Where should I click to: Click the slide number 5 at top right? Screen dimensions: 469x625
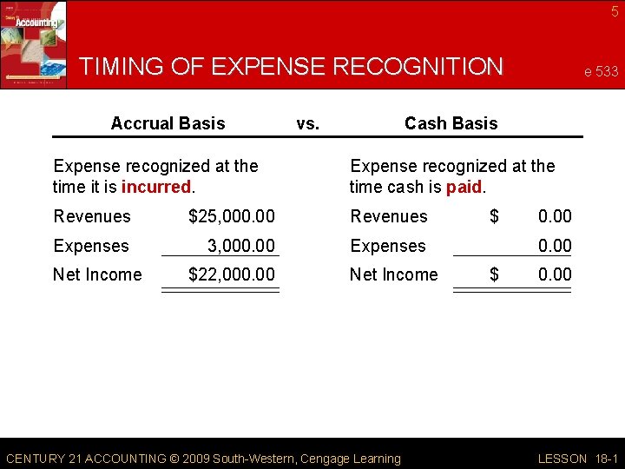(615, 11)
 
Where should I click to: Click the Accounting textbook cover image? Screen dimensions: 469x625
(33, 43)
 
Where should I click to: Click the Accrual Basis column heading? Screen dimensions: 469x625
(168, 123)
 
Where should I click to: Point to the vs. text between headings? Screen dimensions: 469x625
(307, 123)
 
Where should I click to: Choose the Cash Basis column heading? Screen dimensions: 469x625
(451, 123)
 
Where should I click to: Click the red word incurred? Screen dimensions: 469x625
(156, 187)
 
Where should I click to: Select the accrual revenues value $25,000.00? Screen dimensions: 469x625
(232, 216)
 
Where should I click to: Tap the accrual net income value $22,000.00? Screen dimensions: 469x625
(232, 274)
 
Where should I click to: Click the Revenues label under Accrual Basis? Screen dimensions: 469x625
(92, 216)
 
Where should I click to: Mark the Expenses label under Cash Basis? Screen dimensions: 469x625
(388, 246)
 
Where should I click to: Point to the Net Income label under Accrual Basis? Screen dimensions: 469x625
(97, 274)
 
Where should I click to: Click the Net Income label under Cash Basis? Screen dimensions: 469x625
(394, 274)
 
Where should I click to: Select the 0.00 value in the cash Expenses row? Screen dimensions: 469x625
(555, 246)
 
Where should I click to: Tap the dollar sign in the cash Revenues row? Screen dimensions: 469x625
(494, 216)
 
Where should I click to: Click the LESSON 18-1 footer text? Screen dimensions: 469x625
(577, 459)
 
